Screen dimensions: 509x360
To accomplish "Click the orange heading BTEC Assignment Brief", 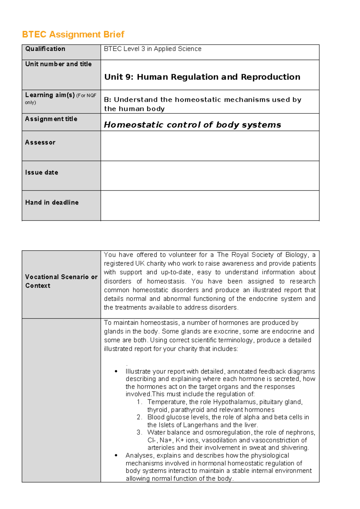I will pyautogui.click(x=73, y=35).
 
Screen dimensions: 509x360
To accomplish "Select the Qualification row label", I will pyautogui.click(x=45, y=49).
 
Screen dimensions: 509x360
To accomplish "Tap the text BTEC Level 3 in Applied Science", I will pyautogui.click(x=152, y=49).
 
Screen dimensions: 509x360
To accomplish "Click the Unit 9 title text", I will pyautogui.click(x=202, y=77).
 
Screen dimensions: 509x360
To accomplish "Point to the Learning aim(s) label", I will pyautogui.click(x=50, y=95).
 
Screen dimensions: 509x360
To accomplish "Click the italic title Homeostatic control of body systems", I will pyautogui.click(x=192, y=125).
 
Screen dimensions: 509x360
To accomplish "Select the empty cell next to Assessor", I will pyautogui.click(x=210, y=146).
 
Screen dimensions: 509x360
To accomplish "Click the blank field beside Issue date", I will pyautogui.click(x=210, y=176).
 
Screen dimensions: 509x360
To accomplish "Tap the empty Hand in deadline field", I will pyautogui.click(x=210, y=206).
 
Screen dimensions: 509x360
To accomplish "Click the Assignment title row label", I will pyautogui.click(x=51, y=119).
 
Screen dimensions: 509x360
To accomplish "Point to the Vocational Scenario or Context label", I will pyautogui.click(x=61, y=281).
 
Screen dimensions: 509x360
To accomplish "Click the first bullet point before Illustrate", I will pyautogui.click(x=116, y=372).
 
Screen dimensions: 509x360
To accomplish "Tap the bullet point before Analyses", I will pyautogui.click(x=116, y=456).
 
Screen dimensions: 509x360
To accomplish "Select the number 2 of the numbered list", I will pyautogui.click(x=139, y=417).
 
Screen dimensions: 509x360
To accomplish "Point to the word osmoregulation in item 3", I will pyautogui.click(x=228, y=432).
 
